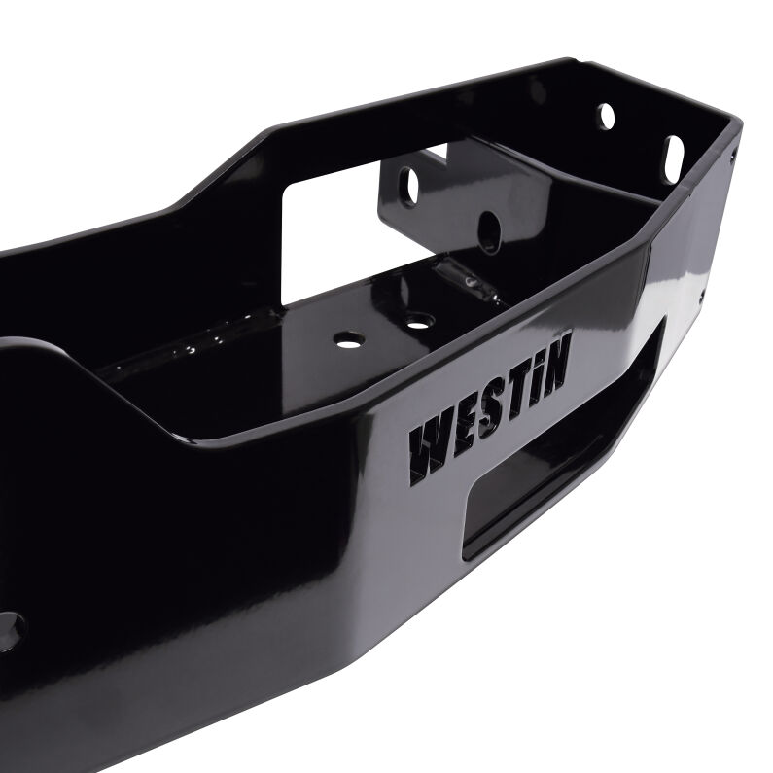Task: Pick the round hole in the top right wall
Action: (605, 116)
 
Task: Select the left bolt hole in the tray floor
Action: (344, 341)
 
